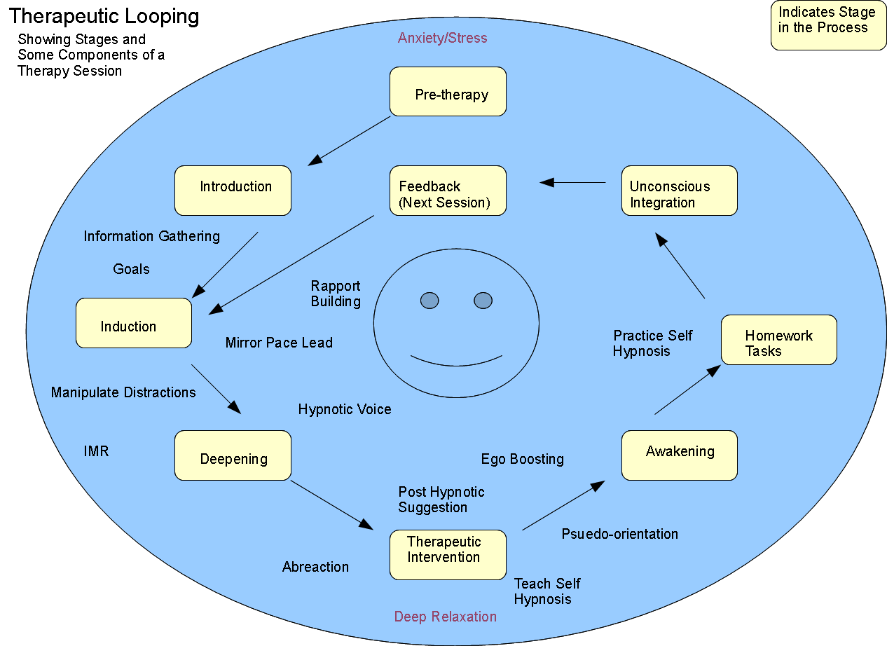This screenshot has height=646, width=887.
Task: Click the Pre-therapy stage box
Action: click(448, 92)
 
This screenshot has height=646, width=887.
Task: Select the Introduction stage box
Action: click(233, 191)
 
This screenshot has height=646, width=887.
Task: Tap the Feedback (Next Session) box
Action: click(448, 191)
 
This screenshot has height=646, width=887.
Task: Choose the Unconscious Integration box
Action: click(679, 191)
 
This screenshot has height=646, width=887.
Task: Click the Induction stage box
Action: click(133, 323)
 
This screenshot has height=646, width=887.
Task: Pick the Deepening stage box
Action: click(233, 455)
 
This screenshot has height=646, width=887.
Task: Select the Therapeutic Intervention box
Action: click(448, 555)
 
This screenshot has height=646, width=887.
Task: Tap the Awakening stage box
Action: click(679, 455)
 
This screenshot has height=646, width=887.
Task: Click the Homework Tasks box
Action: click(778, 340)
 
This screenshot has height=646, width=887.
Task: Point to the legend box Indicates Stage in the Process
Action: click(828, 25)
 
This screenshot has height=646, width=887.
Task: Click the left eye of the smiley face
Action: click(429, 301)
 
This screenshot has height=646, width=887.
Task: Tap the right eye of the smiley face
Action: click(483, 301)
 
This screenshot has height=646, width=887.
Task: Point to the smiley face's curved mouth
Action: click(456, 362)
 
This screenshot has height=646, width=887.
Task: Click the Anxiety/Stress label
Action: click(442, 38)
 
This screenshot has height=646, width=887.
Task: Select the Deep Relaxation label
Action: click(445, 617)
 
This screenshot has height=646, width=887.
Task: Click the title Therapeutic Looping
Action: click(104, 16)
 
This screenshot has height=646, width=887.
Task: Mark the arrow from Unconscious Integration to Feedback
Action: click(573, 183)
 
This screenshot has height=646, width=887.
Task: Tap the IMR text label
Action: click(96, 451)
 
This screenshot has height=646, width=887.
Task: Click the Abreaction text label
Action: click(315, 567)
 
